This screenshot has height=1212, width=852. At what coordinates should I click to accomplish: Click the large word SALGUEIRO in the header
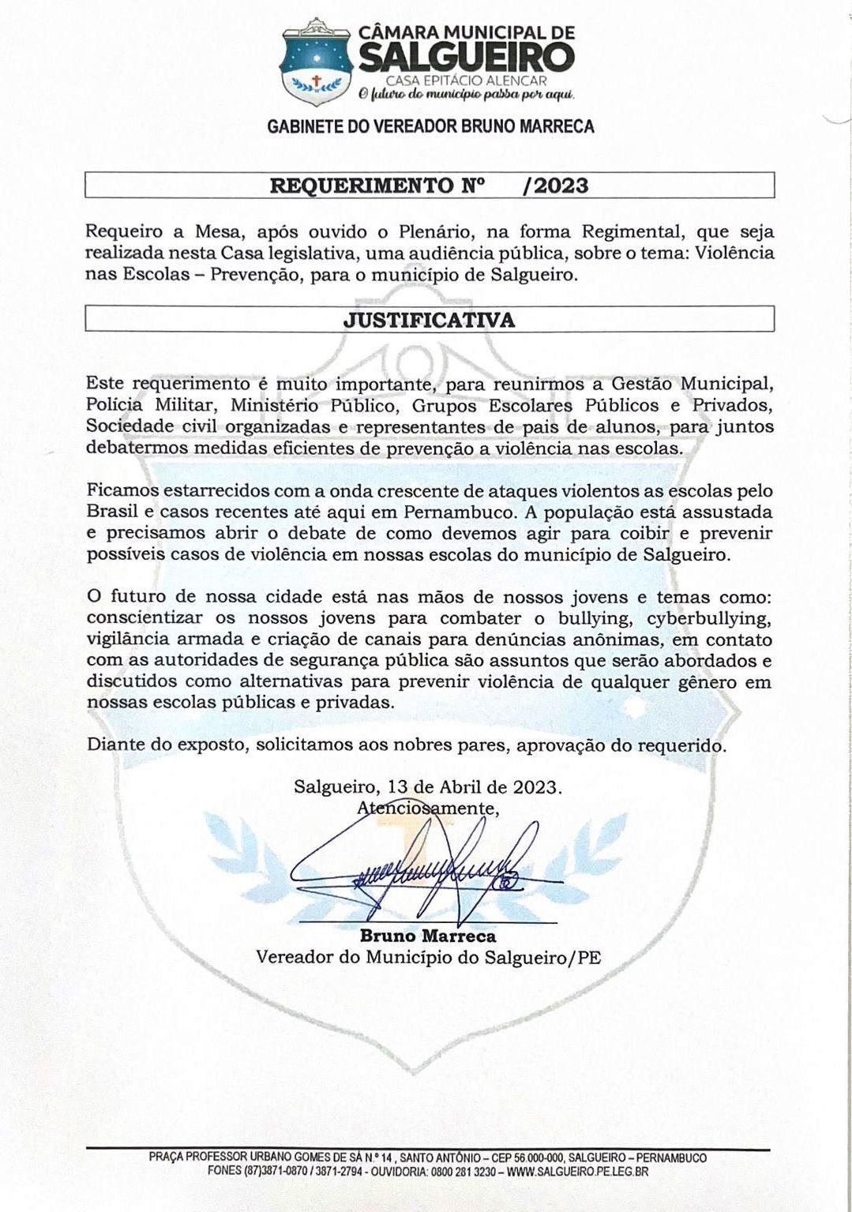(467, 58)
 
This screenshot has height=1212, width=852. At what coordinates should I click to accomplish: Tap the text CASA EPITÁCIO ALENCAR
(466, 81)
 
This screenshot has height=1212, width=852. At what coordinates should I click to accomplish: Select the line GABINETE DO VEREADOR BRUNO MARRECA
(430, 126)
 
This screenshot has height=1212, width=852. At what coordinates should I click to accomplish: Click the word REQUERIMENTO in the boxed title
(367, 186)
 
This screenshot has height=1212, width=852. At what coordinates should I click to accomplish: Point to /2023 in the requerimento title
(556, 186)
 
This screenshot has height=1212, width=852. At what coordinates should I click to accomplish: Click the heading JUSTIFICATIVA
(429, 320)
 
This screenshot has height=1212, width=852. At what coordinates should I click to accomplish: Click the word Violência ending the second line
(730, 253)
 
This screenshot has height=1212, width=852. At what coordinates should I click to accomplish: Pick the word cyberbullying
(708, 618)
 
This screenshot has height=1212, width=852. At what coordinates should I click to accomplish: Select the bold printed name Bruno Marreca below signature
(428, 936)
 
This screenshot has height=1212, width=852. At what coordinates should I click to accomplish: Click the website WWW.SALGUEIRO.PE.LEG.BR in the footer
(577, 1172)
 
